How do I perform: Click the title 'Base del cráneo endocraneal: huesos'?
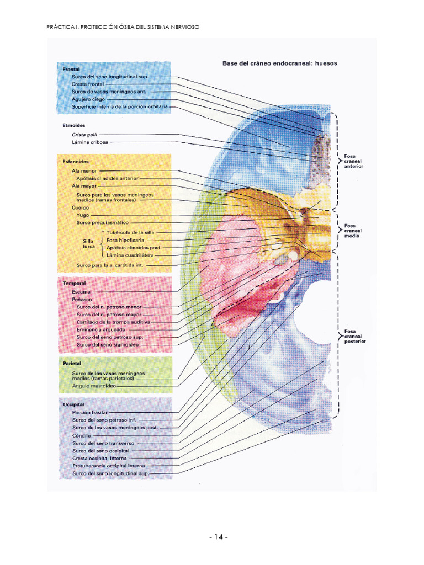pos(279,63)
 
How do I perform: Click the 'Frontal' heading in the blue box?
pos(72,69)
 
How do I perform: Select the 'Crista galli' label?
pos(81,134)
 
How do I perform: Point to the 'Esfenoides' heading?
pos(76,162)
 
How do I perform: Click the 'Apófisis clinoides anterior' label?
pos(107,178)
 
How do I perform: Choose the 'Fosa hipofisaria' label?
pos(125,240)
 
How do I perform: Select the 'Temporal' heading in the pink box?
pos(74,283)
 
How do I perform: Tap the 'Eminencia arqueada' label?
pos(101,329)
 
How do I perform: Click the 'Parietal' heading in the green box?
pos(73,363)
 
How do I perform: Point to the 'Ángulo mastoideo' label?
pos(94,387)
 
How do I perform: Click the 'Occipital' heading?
pos(74,404)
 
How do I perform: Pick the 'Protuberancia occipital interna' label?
pos(108,466)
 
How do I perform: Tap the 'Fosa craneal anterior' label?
pos(353,161)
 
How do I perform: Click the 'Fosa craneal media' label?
pos(351,231)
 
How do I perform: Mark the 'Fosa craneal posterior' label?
pos(353,336)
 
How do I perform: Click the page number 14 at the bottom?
pos(218,537)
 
